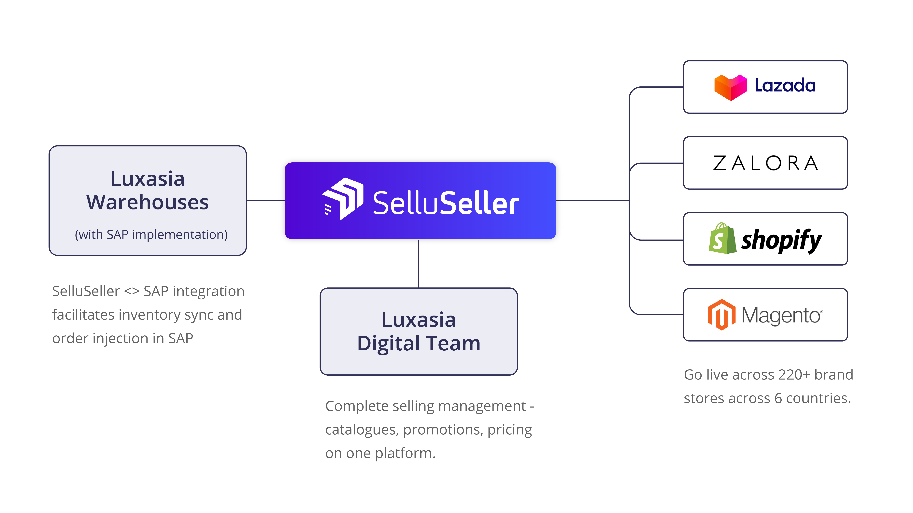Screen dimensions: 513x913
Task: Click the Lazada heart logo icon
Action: pos(730,87)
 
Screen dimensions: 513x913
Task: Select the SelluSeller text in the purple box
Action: pos(446,203)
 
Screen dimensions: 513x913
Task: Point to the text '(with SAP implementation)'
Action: pos(151,235)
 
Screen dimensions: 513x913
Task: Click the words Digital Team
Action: pos(419,343)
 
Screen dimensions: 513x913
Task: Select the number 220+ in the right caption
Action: pos(793,375)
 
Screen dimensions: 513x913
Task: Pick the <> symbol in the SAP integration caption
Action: pos(132,291)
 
